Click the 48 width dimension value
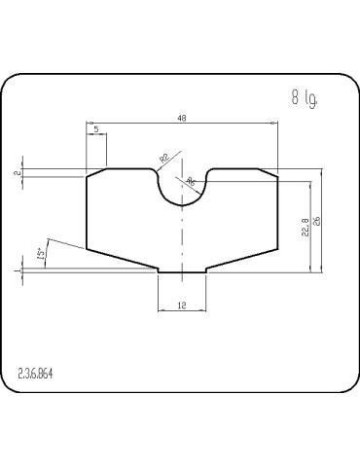click(183, 119)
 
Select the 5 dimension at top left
click(96, 128)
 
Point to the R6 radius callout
click(190, 182)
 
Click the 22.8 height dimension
click(305, 225)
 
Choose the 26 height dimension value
click(317, 221)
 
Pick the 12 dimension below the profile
click(182, 305)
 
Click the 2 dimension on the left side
click(18, 172)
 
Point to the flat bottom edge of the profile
click(182, 271)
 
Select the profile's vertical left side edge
click(88, 212)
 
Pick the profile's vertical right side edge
click(277, 212)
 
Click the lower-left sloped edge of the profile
click(123, 259)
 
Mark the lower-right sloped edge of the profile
click(241, 259)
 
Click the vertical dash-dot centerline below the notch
click(182, 238)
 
